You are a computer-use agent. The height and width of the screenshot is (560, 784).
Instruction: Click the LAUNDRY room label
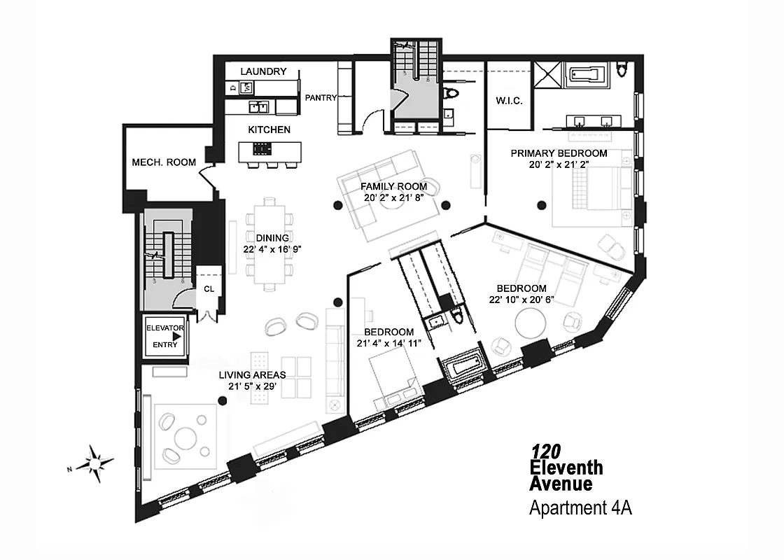coord(263,71)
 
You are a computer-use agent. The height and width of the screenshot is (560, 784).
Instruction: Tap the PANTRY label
coord(321,98)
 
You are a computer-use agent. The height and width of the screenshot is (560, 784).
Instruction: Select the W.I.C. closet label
coord(509,101)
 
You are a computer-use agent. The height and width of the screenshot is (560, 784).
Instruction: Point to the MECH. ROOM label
coord(164,162)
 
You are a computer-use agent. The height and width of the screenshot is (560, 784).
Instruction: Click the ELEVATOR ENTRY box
coord(164,337)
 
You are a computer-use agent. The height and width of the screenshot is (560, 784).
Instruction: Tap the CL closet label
coord(209,288)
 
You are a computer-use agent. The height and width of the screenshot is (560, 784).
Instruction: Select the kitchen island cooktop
coord(262,148)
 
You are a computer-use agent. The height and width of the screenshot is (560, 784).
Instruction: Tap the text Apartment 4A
coord(580,508)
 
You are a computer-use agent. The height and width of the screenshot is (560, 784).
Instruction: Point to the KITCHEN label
coord(269,129)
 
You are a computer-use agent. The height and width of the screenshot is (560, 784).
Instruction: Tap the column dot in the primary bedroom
coord(541,205)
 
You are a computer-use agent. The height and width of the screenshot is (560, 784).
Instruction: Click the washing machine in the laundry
coord(246,88)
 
